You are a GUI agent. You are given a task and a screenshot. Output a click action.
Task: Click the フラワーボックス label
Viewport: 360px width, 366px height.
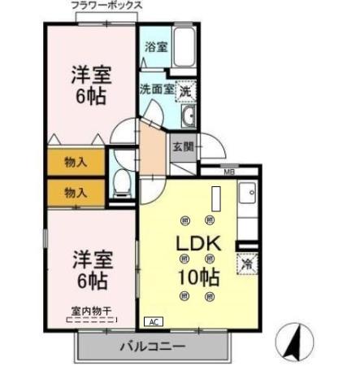pos(106,6)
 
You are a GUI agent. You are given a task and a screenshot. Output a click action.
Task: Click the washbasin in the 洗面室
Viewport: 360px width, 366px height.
pos(189,119)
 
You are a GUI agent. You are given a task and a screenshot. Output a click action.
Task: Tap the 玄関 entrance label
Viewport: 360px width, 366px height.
pos(182,147)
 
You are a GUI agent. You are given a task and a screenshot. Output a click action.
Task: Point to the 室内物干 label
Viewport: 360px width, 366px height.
pos(89,311)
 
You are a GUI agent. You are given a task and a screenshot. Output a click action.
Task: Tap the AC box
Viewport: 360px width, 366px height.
pos(151,320)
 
